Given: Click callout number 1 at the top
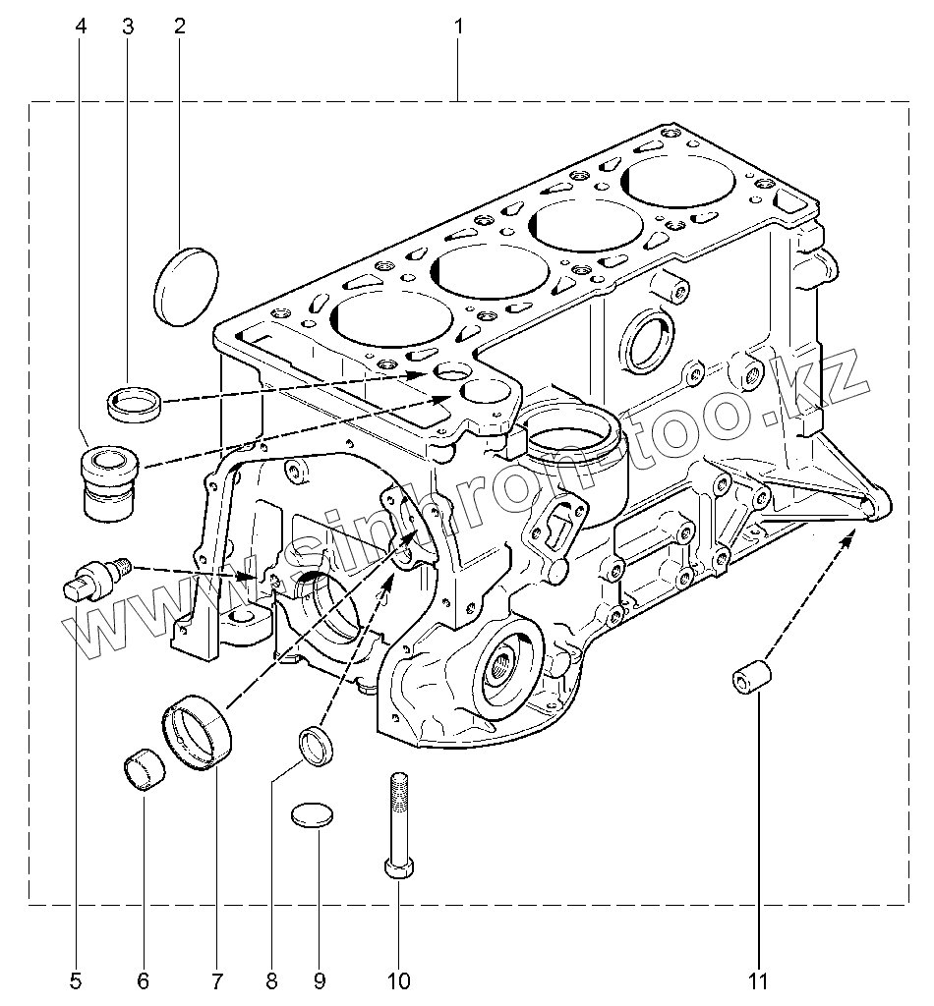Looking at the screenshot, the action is coord(458,27).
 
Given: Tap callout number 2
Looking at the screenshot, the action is coord(180,27).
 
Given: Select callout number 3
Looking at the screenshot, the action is coord(128,27).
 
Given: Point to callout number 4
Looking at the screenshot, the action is coord(81,27).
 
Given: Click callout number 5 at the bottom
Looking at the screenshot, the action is coord(76,981).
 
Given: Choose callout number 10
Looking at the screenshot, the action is coord(398,981).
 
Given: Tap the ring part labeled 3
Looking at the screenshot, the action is coord(134,403).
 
